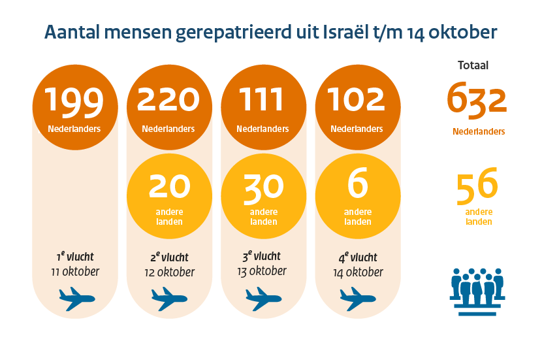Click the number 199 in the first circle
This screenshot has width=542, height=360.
74,100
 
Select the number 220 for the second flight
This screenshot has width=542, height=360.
168,100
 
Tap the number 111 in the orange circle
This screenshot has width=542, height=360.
263,100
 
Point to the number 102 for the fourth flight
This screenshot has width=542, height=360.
357,100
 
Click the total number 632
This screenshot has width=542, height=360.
477,99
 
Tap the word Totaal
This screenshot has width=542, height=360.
473,65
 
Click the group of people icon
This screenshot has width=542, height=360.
477,290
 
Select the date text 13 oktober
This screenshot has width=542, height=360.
263,270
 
